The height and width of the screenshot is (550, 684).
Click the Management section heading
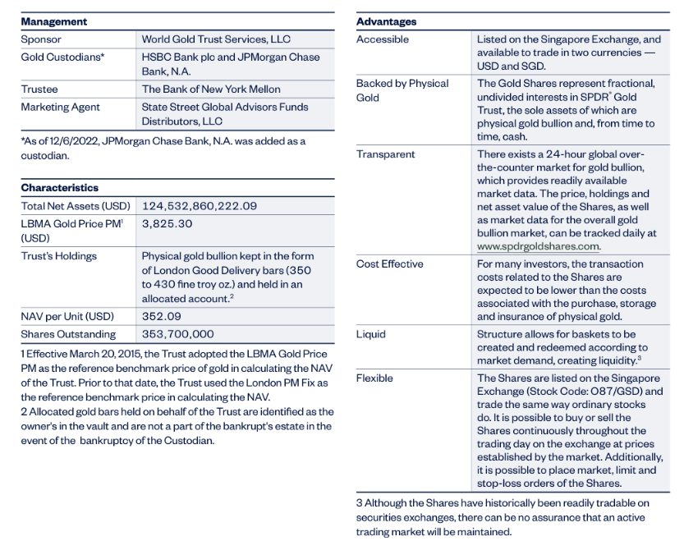click(54, 21)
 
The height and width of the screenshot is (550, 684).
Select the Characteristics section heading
click(60, 188)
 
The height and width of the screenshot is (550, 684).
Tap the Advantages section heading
click(386, 21)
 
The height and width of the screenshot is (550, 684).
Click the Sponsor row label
click(41, 39)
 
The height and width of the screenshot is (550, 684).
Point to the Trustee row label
click(40, 89)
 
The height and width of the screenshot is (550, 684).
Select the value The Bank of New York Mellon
click(211, 89)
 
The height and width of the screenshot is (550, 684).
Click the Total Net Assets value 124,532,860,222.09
click(200, 206)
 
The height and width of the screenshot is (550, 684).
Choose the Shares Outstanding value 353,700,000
click(178, 334)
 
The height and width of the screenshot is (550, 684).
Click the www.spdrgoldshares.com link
click(539, 245)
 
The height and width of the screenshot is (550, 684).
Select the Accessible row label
click(383, 39)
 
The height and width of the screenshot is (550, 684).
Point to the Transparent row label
click(386, 154)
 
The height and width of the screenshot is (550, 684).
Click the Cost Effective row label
click(390, 264)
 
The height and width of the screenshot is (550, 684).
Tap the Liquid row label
click(371, 335)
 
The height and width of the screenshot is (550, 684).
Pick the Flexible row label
click(374, 378)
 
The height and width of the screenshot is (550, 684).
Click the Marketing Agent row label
click(61, 108)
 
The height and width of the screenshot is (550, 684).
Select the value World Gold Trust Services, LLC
click(216, 39)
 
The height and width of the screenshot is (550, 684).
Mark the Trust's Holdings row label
click(59, 256)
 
